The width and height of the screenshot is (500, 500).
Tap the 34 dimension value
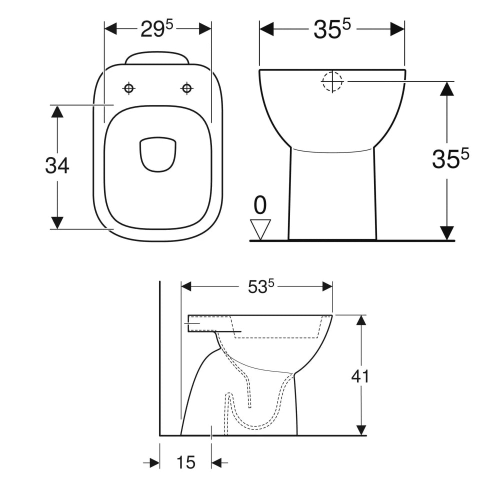pos(57,165)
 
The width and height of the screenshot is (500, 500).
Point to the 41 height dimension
pos(360,376)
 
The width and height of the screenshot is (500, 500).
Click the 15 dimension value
pos(185,463)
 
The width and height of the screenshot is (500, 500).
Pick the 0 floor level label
pos(260,205)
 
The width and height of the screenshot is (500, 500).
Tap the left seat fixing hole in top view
pos(129,88)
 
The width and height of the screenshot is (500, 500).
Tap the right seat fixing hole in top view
pos(187,88)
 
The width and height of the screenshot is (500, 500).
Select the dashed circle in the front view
pos(332,81)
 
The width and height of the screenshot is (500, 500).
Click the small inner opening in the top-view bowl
pos(158,153)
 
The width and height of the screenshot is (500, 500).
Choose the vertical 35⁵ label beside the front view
pos(450,159)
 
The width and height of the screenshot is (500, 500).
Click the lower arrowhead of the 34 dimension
pos(57,222)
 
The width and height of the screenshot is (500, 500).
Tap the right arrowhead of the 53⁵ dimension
pos(327,286)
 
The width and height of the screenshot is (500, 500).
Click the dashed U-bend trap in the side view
pos(255,422)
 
